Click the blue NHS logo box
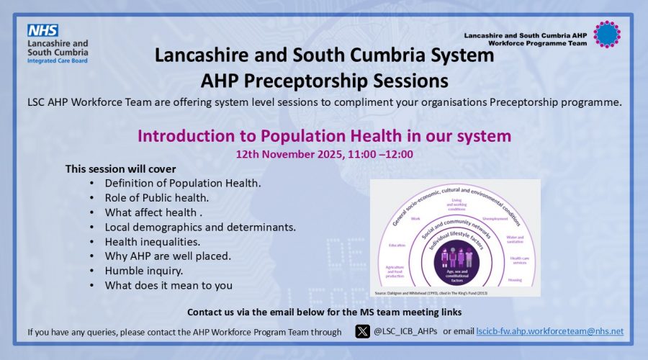click(x=43, y=31)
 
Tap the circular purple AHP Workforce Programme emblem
click(x=606, y=34)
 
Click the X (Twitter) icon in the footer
click(x=363, y=331)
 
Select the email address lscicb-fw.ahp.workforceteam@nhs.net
click(x=549, y=331)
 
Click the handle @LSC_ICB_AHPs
click(x=405, y=331)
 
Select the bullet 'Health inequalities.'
click(x=153, y=241)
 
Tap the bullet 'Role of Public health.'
click(x=156, y=198)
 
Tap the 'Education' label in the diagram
click(x=397, y=244)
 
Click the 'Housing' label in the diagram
click(x=515, y=280)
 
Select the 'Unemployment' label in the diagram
click(x=497, y=218)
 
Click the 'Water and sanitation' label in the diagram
click(x=515, y=238)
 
